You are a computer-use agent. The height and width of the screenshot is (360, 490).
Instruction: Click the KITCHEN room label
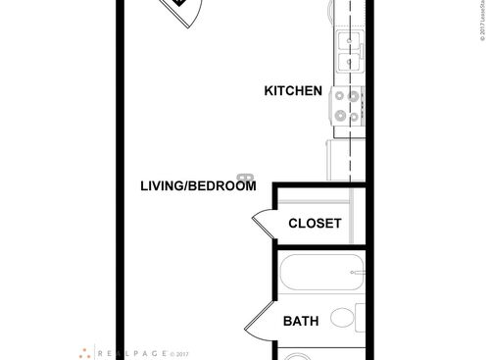click(x=293, y=91)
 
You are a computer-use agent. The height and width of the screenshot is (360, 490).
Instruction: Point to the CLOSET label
click(x=315, y=224)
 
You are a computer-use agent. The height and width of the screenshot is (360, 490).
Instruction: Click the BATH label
click(x=300, y=321)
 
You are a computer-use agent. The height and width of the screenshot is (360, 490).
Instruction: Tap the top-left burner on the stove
click(x=340, y=96)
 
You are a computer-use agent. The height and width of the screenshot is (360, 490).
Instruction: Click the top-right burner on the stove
click(x=355, y=96)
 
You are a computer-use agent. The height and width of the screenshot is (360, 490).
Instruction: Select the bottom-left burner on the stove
click(x=340, y=115)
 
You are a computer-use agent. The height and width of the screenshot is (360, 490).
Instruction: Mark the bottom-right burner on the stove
click(x=355, y=115)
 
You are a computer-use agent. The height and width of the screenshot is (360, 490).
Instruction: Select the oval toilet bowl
click(x=342, y=318)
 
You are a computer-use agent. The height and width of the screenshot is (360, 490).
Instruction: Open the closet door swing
click(x=263, y=225)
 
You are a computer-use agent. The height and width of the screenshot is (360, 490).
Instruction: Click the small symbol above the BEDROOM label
click(x=246, y=177)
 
